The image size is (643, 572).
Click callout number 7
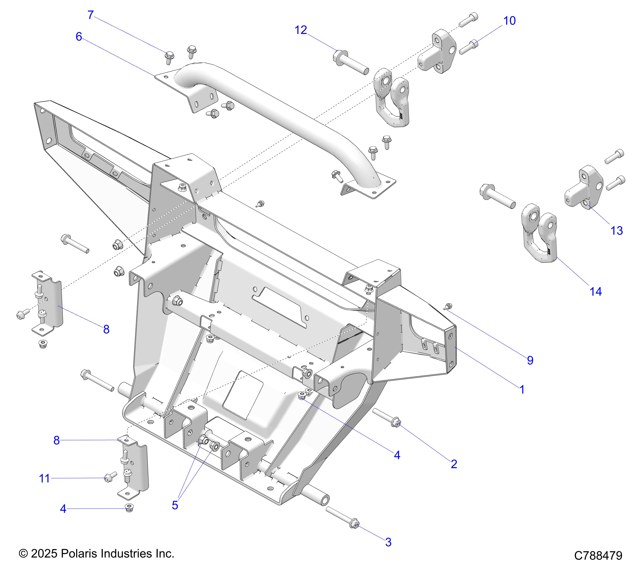(x=91, y=15)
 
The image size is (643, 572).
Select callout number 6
(x=79, y=37)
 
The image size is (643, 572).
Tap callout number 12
(x=300, y=30)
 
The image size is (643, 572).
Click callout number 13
(x=616, y=231)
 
